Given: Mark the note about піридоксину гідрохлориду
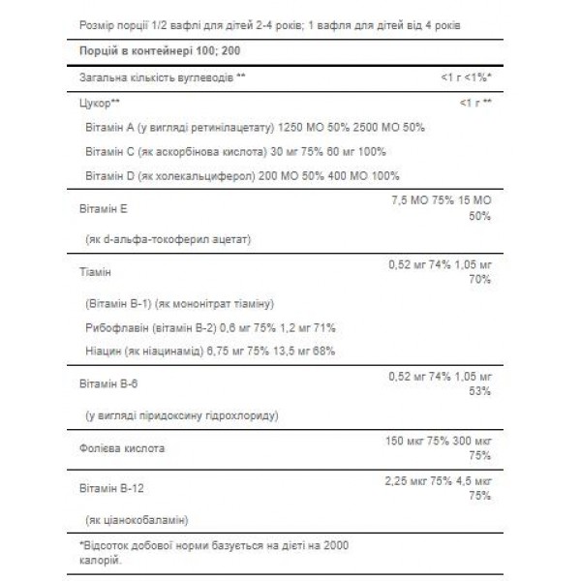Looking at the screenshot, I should (x=182, y=414).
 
